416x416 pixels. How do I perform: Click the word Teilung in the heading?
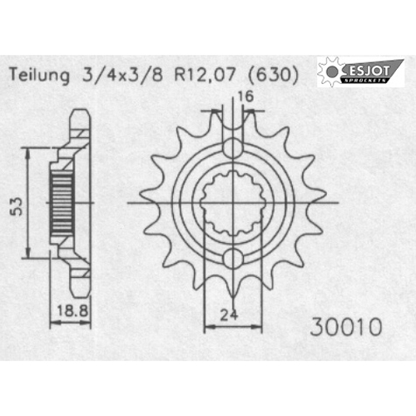pos(39,76)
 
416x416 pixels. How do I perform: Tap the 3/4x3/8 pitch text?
pos(122,75)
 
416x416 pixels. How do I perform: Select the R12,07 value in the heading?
pos(205,75)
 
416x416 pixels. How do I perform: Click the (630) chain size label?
pos(273,76)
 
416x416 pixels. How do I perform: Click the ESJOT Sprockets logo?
pos(360,72)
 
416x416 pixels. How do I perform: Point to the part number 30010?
pos(346,327)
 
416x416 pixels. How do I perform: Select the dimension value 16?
pos(245,97)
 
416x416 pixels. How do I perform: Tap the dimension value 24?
pos(229,314)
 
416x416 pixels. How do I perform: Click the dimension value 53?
pos(16,206)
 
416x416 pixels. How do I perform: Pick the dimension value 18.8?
pos(72,310)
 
